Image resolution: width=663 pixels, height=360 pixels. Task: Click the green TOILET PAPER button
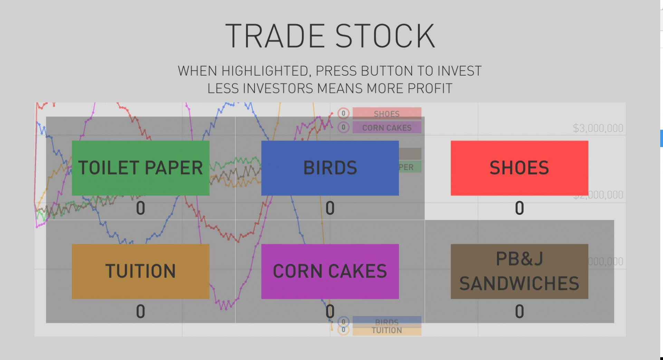[140, 168]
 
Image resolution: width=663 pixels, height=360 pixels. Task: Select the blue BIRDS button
[330, 168]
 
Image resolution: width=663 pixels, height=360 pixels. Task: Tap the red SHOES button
[519, 168]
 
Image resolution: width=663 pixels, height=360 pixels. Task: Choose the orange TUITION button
[140, 271]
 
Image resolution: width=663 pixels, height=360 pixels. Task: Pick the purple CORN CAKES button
[330, 271]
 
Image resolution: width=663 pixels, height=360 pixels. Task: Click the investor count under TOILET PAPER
[140, 208]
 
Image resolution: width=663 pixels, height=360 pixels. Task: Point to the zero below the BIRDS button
[330, 208]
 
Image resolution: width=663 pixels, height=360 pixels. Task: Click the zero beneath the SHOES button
[519, 208]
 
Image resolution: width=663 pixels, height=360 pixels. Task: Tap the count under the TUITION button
[140, 311]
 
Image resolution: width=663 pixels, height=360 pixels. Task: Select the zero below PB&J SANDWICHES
[519, 311]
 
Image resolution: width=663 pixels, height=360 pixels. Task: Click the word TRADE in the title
[275, 36]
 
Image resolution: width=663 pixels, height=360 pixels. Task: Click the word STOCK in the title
[385, 36]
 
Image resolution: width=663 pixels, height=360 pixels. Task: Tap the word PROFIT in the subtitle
[430, 89]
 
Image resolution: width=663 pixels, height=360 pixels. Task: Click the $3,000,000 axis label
[598, 128]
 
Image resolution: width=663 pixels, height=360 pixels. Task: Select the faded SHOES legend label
[386, 114]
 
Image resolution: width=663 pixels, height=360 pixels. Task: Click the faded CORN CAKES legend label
[386, 128]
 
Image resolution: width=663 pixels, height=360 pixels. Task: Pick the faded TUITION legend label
[386, 331]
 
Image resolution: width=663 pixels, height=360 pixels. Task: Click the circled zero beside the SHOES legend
[343, 113]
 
